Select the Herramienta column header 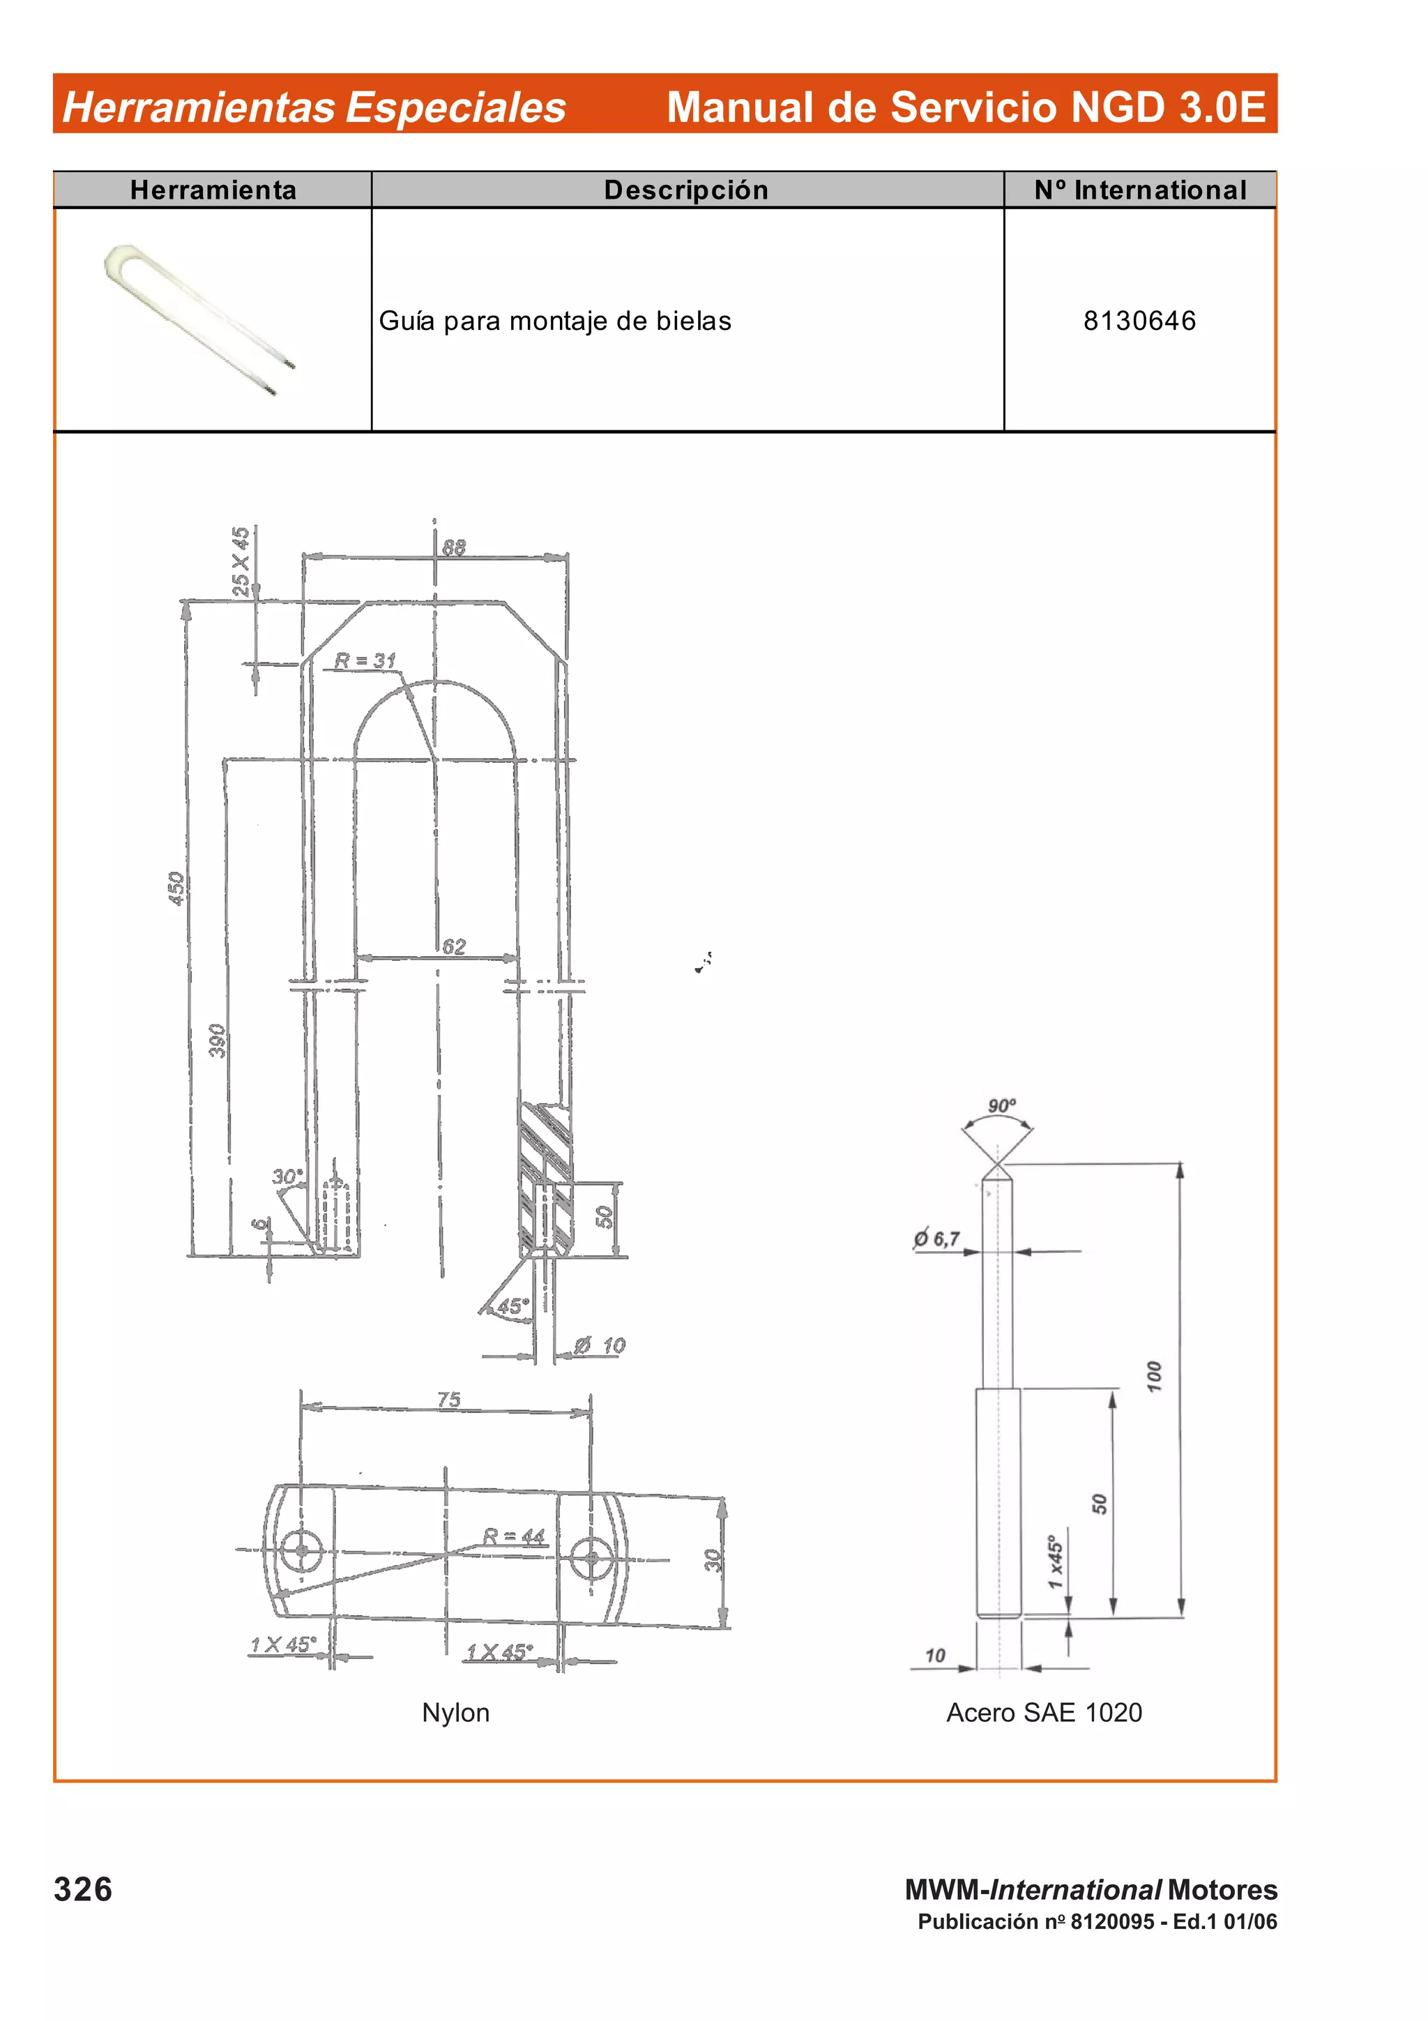[x=213, y=190]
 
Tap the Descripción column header [x=686, y=190]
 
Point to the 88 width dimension [x=453, y=547]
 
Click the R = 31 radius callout [x=365, y=660]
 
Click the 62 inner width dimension [x=454, y=946]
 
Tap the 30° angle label [x=287, y=1177]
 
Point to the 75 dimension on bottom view [x=449, y=1400]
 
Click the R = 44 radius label [x=515, y=1536]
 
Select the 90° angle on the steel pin [x=1001, y=1105]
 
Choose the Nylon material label [x=456, y=1712]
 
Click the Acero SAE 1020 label [x=1044, y=1712]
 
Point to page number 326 [x=83, y=1889]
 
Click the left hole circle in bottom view [x=302, y=1550]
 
